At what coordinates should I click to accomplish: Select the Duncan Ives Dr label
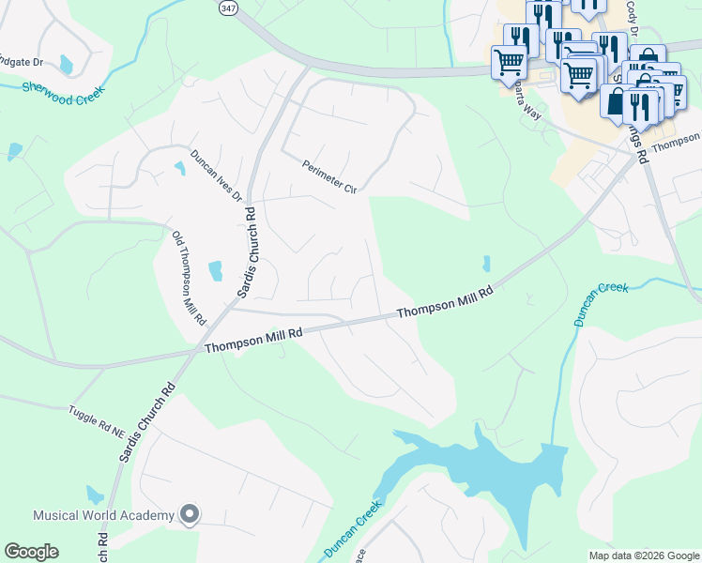[x=217, y=175]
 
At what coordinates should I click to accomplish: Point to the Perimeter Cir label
[x=330, y=177]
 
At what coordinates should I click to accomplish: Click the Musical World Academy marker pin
[x=190, y=514]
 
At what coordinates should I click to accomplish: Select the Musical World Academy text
[x=103, y=515]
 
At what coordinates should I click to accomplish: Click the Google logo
[x=31, y=552]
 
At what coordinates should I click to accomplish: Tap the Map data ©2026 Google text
[x=643, y=555]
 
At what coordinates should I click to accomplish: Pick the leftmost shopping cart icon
[x=509, y=63]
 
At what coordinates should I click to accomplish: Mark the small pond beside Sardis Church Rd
[x=215, y=271]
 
